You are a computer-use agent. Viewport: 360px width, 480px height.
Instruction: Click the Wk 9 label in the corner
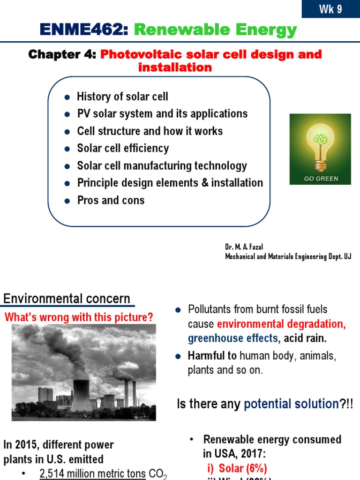331,9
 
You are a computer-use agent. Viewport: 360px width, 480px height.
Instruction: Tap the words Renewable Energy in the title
216,30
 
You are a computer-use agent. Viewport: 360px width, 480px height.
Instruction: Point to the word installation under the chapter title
175,67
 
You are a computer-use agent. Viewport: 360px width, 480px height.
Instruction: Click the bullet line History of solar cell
122,97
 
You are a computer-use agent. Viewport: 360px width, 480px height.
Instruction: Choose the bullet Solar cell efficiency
123,149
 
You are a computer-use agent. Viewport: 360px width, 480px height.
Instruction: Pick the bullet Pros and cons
111,201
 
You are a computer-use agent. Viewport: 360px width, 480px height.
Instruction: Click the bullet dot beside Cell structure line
67,132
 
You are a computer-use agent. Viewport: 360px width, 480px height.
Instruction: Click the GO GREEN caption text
321,179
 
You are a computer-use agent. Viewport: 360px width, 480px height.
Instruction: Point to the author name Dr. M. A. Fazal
244,247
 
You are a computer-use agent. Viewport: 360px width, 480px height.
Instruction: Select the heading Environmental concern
67,299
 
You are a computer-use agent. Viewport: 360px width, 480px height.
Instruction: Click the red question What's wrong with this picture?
79,317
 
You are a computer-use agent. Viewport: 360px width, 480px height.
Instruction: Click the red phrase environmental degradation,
281,324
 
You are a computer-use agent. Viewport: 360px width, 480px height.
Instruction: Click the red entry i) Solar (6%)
237,468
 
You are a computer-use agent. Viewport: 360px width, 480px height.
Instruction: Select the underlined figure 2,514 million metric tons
93,474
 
